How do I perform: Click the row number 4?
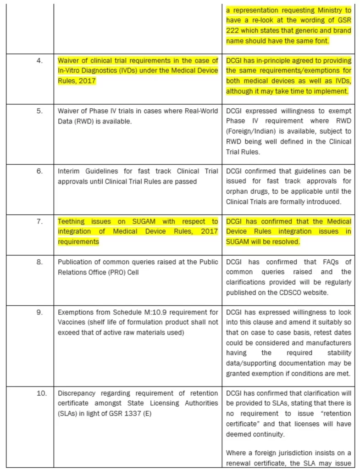click(39, 61)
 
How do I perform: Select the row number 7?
click(39, 221)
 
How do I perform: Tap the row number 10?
click(41, 393)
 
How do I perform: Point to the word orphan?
click(236, 191)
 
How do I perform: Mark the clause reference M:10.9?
click(144, 313)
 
